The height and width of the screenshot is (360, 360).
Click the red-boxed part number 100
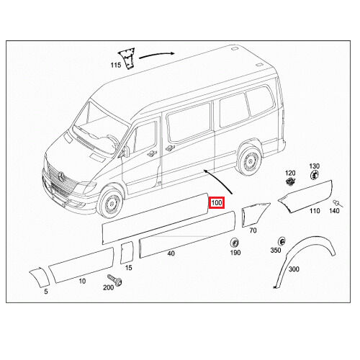pos(217,203)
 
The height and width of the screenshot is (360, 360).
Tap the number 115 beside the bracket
pos(116,65)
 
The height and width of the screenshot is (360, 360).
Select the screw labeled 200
pos(115,279)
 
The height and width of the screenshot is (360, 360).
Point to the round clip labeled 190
pos(234,243)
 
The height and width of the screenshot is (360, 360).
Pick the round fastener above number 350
pos(282,241)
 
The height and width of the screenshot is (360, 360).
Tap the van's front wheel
pos(111,203)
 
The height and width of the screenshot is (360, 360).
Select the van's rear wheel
pos(248,160)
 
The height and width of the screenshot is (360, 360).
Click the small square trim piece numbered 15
pos(127,253)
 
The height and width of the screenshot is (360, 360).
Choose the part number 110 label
pos(315,211)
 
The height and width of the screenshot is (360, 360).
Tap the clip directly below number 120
pos(290,181)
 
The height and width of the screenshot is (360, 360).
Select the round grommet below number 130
pos(314,175)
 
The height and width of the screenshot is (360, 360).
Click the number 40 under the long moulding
pos(171,253)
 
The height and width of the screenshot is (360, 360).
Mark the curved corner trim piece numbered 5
pos(40,276)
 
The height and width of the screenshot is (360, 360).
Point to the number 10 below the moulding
pos(82,281)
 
